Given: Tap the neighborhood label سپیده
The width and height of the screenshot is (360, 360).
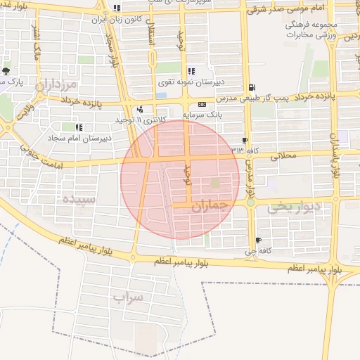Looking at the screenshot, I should click(79, 198).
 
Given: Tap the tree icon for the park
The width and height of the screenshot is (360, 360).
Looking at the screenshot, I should click(6, 71).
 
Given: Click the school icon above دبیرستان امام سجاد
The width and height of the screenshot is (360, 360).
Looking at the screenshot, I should click(78, 127).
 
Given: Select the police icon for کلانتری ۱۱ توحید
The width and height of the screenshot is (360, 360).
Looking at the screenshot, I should click(141, 109).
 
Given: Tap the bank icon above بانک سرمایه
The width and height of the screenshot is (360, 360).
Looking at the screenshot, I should click(202, 104).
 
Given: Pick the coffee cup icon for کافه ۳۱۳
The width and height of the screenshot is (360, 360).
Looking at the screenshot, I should click(245, 140).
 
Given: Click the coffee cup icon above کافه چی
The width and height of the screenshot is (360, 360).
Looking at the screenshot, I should click(259, 240).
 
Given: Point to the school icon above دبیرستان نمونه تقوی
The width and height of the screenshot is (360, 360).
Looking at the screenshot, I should click(191, 71).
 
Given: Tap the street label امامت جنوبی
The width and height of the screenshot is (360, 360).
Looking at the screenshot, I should click(42, 153).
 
